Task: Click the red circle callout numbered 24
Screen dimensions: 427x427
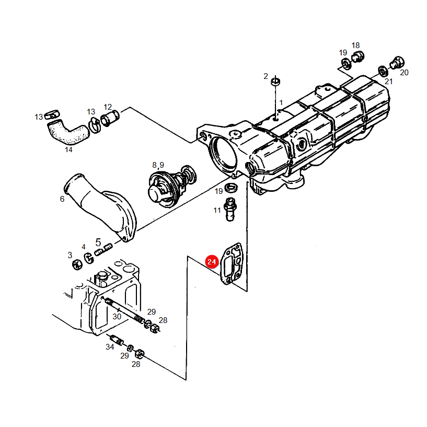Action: coord(212,262)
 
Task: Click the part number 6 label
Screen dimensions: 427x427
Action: coord(62,199)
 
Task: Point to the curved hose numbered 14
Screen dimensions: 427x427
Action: coord(68,132)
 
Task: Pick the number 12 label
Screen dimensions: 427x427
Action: coord(108,107)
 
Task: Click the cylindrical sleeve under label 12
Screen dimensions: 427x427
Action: coord(110,118)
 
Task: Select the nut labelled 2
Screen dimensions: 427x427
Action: coord(275,82)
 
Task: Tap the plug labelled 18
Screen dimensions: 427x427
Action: coord(357,56)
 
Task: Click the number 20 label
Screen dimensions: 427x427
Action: coord(404,73)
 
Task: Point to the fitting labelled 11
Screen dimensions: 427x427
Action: coord(230,209)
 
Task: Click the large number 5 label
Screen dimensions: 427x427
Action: coord(98,243)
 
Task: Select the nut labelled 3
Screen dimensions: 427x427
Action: coord(77,264)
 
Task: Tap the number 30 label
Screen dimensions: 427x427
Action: coord(117,317)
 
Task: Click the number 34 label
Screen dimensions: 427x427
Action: coord(110,347)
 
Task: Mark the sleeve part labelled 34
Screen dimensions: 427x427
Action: coord(117,340)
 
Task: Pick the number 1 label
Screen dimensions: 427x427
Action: coord(281,102)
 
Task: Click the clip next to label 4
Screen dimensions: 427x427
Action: coord(89,258)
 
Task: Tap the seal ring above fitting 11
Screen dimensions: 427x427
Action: coord(231,188)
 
